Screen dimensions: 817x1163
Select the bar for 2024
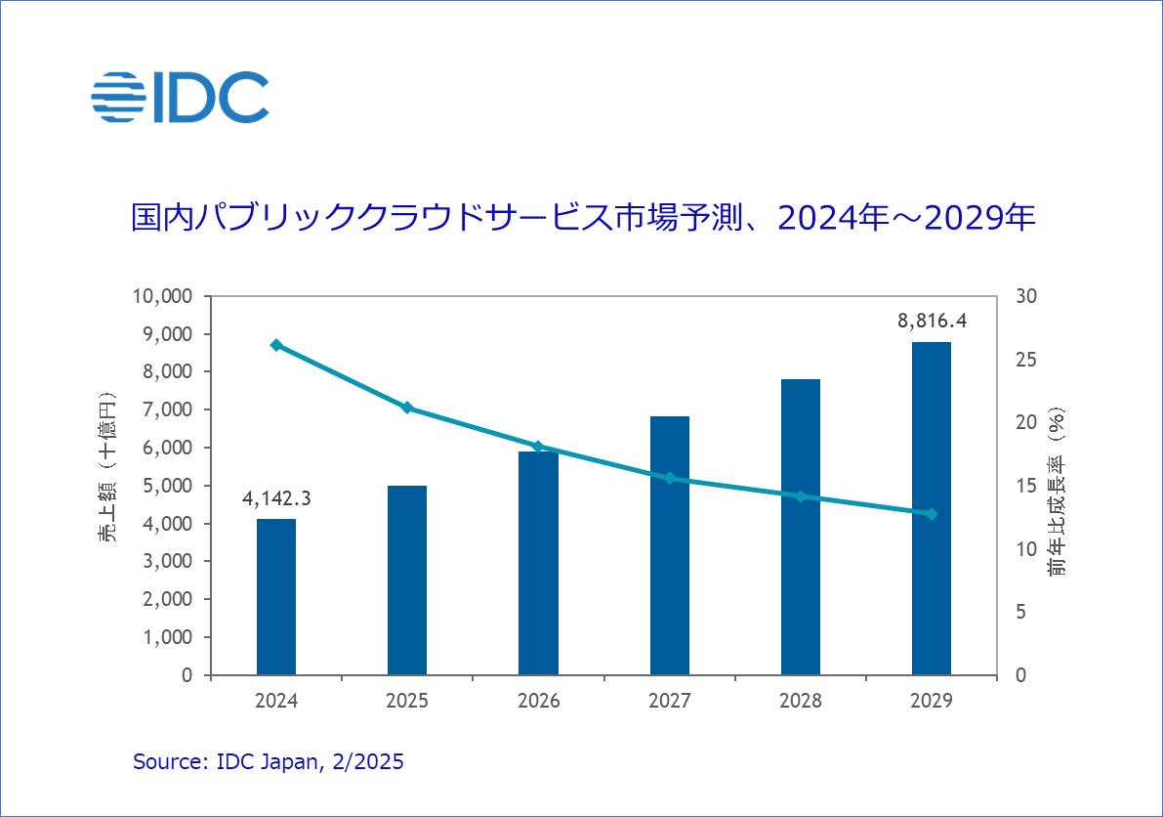[276, 596]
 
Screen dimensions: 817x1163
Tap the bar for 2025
[407, 580]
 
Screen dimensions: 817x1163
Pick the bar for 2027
[670, 545]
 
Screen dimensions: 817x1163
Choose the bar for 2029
[932, 508]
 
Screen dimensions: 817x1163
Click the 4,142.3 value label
[276, 498]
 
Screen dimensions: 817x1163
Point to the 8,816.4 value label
[932, 320]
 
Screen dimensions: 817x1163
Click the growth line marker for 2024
[276, 345]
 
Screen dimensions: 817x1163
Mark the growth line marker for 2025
[407, 408]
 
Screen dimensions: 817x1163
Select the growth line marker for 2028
[801, 496]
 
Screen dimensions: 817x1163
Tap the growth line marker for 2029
[932, 514]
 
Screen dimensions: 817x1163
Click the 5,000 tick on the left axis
[169, 486]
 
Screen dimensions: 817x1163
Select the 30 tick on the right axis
[1028, 296]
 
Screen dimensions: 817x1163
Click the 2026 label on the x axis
[538, 701]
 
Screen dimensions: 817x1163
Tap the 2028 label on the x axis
[801, 701]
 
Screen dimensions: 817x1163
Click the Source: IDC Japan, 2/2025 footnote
[268, 762]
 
